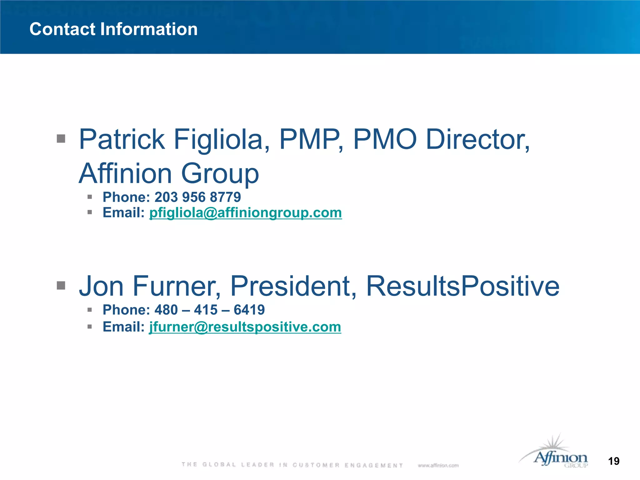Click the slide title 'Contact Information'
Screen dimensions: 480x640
coord(113,29)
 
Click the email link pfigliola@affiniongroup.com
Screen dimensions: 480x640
coord(246,213)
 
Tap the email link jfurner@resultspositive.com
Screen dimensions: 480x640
coord(245,327)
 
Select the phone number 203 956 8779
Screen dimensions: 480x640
coord(197,197)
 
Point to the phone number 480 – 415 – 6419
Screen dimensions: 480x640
coord(210,310)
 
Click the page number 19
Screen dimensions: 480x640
coord(614,461)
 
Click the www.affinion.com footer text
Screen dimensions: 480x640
coord(438,465)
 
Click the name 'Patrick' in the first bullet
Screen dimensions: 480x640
coord(122,139)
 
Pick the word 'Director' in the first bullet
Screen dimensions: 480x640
coord(477,139)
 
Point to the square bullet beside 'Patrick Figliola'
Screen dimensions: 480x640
coord(61,138)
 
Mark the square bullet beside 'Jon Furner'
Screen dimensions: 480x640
coord(61,285)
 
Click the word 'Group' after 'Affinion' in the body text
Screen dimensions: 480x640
coord(220,173)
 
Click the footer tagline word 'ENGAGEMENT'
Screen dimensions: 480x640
coord(374,465)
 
